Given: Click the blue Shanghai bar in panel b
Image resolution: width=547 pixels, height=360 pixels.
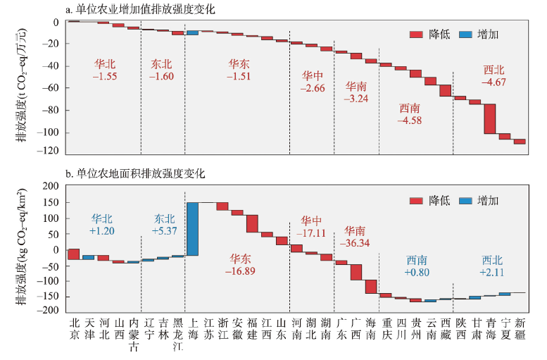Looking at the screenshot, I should click(192, 229).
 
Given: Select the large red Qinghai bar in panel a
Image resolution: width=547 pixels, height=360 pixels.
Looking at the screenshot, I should click(490, 118).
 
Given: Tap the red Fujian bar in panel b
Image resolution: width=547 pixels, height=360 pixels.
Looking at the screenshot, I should click(252, 223).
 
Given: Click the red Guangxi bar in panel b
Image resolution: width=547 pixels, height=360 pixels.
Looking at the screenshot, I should click(356, 272).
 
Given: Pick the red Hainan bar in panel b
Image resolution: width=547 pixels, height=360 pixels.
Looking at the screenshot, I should click(371, 287).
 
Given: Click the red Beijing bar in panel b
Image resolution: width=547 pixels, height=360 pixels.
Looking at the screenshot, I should click(74, 254).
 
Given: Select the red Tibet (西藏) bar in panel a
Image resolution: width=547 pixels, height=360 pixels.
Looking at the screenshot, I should click(446, 90).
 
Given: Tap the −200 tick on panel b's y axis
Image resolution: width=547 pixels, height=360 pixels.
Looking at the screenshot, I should click(49, 311).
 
